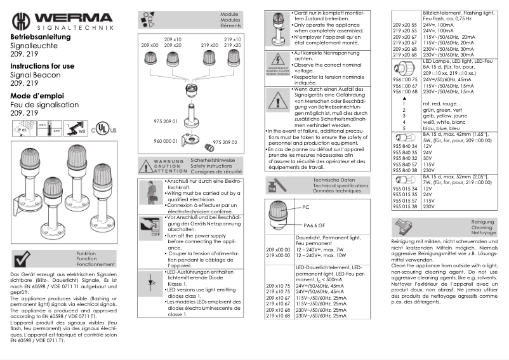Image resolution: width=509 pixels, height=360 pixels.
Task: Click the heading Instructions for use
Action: pyautogui.click(x=42, y=66)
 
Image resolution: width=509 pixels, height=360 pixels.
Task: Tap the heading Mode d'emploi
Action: pyautogui.click(x=35, y=95)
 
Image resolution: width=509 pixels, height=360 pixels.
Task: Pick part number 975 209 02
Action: pyautogui.click(x=225, y=143)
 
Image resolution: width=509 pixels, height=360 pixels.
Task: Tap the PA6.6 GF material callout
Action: pyautogui.click(x=314, y=225)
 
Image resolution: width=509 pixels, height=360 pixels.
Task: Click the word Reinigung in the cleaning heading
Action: pyautogui.click(x=483, y=221)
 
